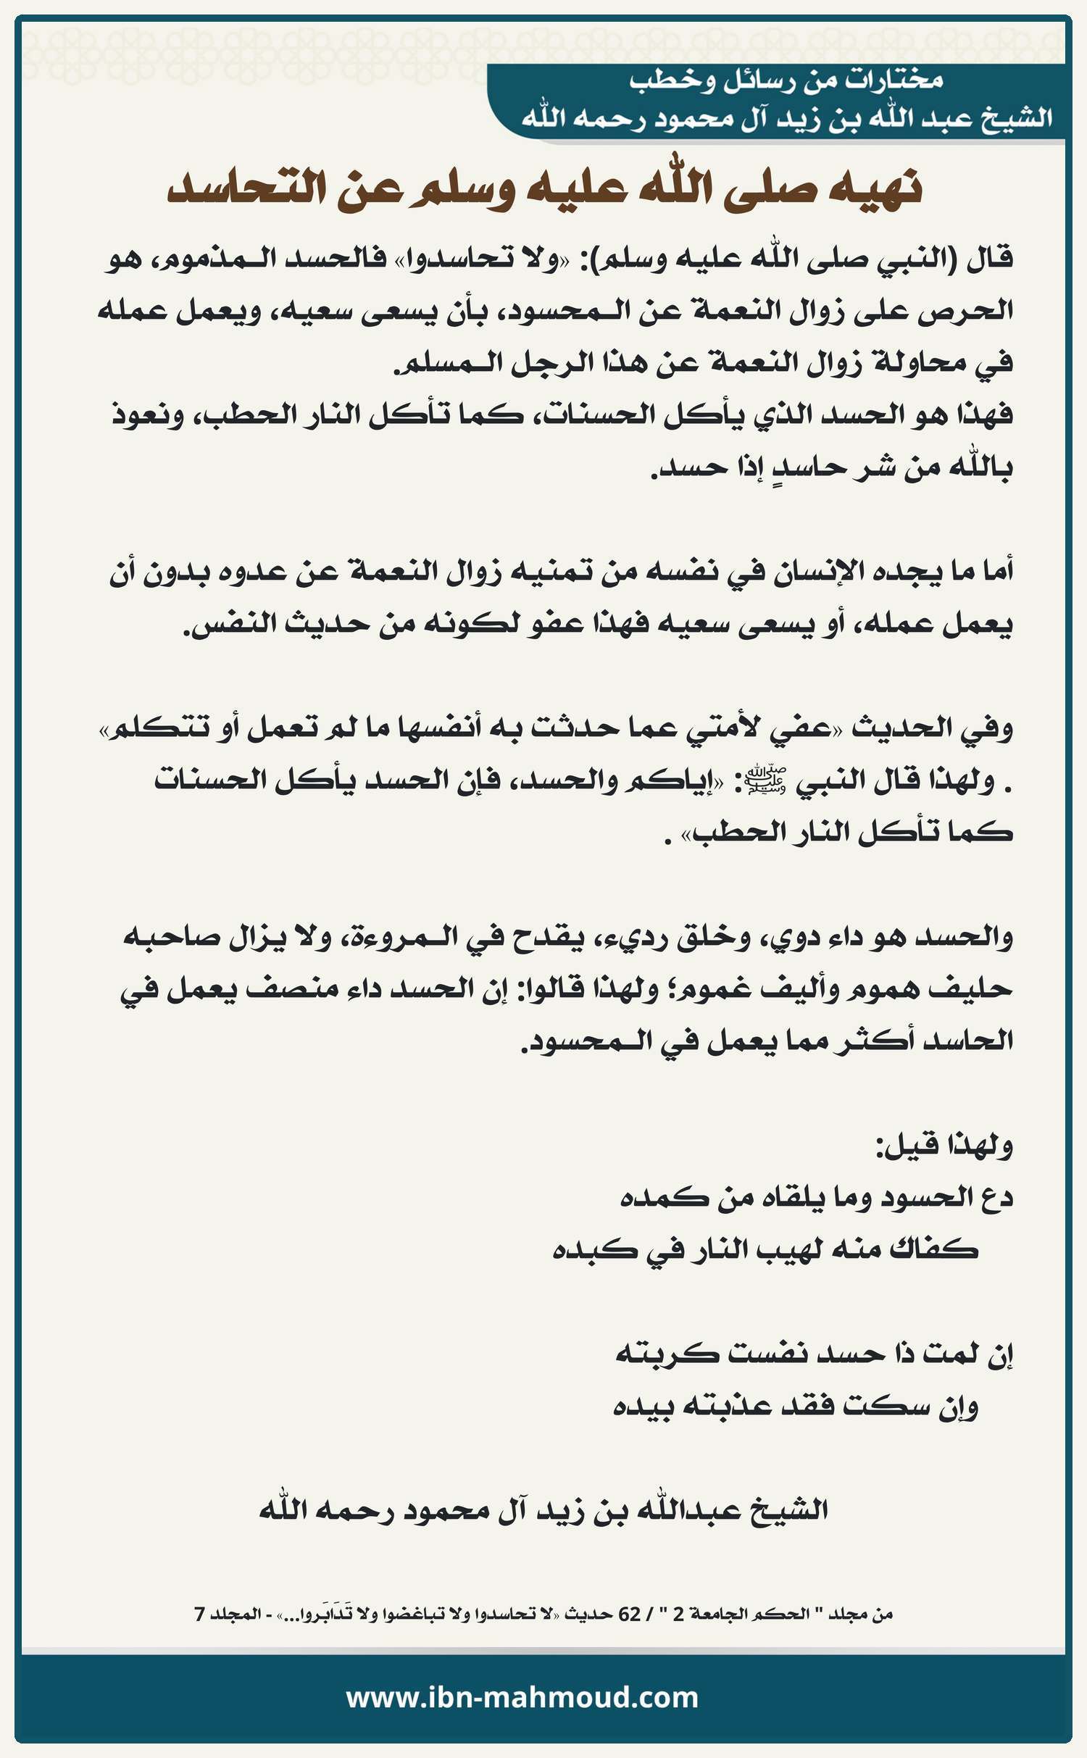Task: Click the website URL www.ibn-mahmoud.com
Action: click(x=522, y=1698)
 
